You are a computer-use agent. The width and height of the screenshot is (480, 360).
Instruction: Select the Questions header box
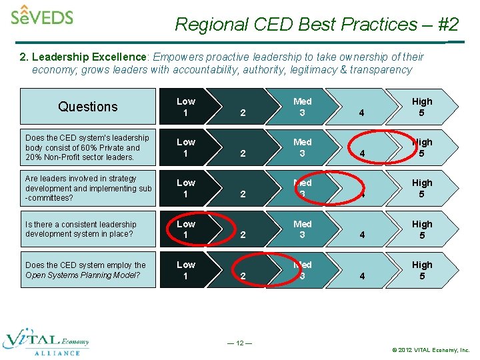[87, 107]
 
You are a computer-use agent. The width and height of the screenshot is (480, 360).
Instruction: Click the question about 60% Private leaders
[87, 147]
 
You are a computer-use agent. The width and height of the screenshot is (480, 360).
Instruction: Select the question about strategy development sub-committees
[87, 188]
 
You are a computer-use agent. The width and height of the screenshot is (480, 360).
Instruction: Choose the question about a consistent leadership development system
[81, 229]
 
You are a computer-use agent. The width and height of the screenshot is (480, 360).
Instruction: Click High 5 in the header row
[422, 107]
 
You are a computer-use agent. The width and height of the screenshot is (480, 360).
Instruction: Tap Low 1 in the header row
[186, 107]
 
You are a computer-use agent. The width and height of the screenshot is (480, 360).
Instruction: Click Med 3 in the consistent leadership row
[302, 229]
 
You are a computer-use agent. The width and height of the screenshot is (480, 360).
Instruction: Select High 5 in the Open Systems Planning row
[422, 270]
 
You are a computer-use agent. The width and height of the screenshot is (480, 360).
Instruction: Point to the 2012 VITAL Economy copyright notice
[431, 349]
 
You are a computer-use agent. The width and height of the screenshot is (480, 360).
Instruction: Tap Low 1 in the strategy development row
[186, 188]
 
